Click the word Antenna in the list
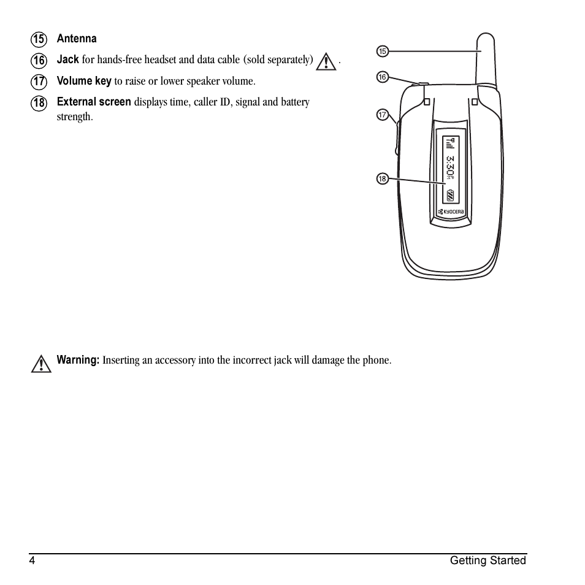coord(77,39)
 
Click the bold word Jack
coord(67,59)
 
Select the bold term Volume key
coord(84,81)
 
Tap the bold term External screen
coord(94,102)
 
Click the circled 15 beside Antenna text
coord(39,40)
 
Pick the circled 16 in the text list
coord(39,61)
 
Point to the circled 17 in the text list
coord(39,82)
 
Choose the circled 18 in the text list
coord(39,103)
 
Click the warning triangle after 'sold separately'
coord(326,61)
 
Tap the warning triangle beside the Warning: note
coord(41,364)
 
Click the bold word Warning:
coord(78,360)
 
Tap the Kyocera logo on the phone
coord(451,212)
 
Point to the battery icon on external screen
coord(450,196)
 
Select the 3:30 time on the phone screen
coord(450,167)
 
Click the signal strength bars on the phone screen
coord(450,144)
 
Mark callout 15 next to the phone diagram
coord(382,52)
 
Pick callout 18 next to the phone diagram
coord(382,179)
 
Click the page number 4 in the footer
coord(32,560)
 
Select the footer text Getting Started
coord(487,560)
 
